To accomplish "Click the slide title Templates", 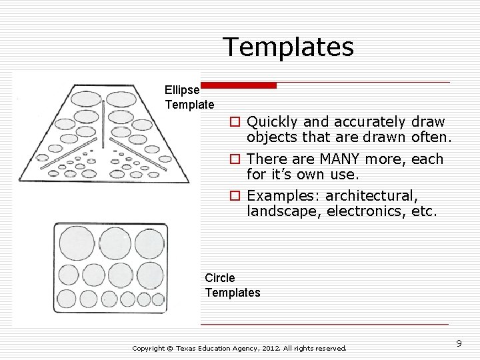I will pyautogui.click(x=288, y=47).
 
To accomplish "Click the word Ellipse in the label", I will pyautogui.click(x=182, y=89).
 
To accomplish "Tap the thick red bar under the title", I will pyautogui.click(x=239, y=85).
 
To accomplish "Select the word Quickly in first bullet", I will pyautogui.click(x=272, y=122).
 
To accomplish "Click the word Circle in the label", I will pyautogui.click(x=220, y=278).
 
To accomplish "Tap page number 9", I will pyautogui.click(x=459, y=343).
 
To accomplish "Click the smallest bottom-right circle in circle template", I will pyautogui.click(x=158, y=300).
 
